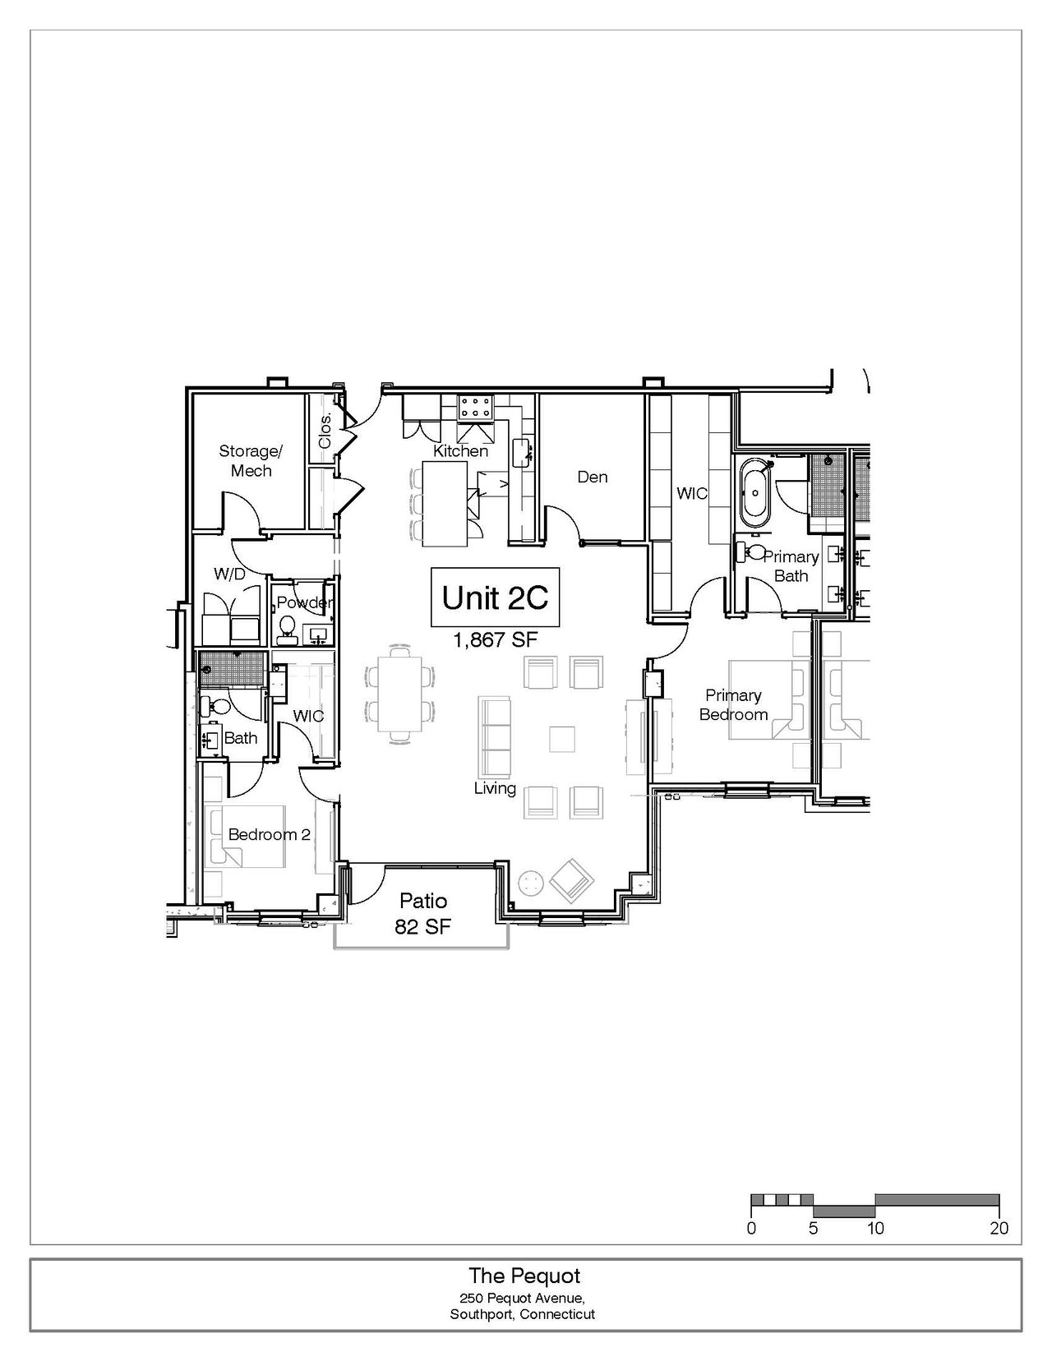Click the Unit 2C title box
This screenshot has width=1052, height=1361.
point(495,597)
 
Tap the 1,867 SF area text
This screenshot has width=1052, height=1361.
point(496,639)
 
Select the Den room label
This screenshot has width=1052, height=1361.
point(593,477)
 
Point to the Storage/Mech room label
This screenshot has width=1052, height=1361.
point(251,460)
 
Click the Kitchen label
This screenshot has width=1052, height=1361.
point(460,451)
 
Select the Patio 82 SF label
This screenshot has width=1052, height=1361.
point(423,913)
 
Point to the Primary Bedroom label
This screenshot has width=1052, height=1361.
point(733,704)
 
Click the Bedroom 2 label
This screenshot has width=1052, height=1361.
point(270,834)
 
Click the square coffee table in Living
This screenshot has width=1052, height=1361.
point(561,739)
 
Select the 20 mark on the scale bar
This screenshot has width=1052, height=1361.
point(999,1228)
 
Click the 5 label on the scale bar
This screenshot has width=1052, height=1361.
point(813,1228)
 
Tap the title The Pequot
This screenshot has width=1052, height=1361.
point(524,1276)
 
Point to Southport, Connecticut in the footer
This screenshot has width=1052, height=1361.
point(522,1314)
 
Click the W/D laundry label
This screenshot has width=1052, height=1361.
point(230,574)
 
